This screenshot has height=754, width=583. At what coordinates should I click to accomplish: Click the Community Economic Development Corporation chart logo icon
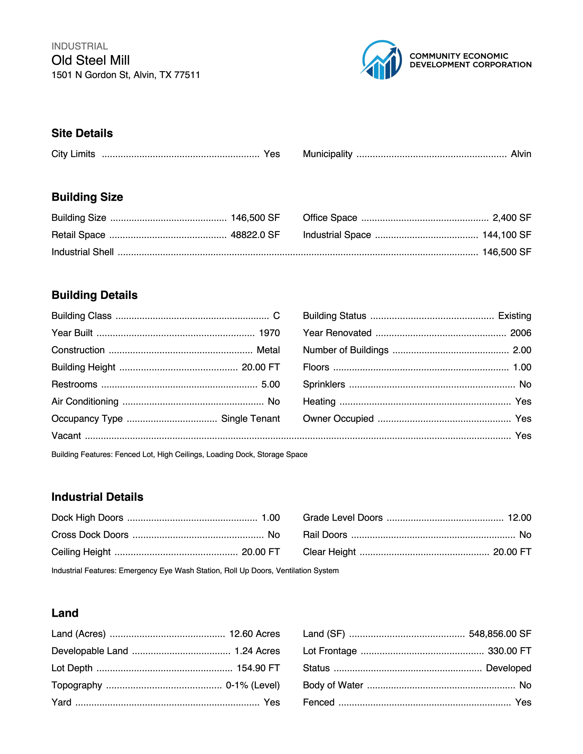[381, 60]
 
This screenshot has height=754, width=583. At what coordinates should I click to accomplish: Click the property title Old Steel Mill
[90, 60]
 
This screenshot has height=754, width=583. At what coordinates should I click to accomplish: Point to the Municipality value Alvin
[521, 154]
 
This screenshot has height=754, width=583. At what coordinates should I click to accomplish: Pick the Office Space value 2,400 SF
[512, 218]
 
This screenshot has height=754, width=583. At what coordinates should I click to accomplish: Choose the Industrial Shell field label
[82, 252]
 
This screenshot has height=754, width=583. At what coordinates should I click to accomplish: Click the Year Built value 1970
[269, 333]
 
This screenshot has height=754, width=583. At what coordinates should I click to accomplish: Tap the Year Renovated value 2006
[521, 333]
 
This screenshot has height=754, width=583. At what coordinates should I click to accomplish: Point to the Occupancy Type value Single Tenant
[250, 419]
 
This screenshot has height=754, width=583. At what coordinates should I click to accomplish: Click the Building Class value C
[276, 316]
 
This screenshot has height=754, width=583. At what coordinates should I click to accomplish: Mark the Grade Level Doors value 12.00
[519, 518]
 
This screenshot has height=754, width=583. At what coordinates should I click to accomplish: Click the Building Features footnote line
[179, 455]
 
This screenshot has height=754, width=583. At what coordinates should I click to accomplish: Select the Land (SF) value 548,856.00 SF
[500, 634]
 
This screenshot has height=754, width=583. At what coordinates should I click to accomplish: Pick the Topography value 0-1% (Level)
[253, 685]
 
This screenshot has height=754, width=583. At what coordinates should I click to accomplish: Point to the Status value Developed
[508, 668]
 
